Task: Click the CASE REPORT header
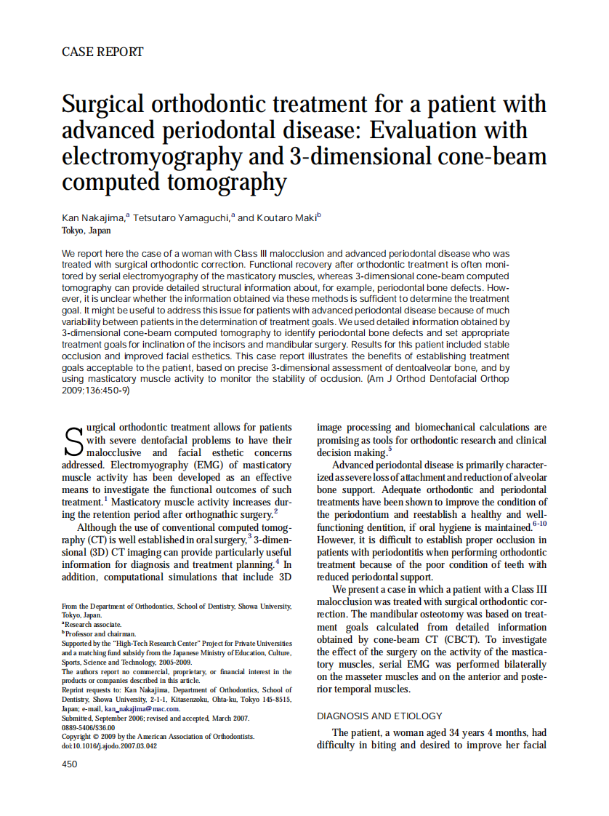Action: (x=102, y=52)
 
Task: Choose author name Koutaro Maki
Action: (x=286, y=217)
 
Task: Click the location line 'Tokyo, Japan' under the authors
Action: (x=86, y=231)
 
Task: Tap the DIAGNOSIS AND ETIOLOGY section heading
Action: (x=379, y=716)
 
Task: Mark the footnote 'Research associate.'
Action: (x=93, y=624)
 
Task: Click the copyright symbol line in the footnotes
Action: (x=158, y=736)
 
